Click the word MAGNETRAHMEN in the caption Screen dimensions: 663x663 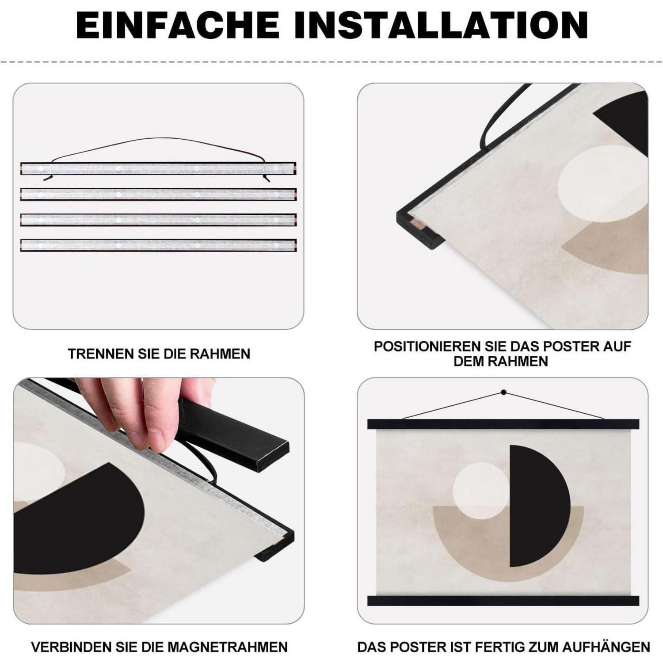(x=236, y=647)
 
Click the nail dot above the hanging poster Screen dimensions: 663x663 (x=503, y=392)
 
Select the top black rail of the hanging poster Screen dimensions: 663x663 (x=503, y=424)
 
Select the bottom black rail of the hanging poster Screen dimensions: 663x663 (x=503, y=600)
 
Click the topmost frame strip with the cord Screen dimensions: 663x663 (x=158, y=168)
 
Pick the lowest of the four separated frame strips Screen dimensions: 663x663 (x=158, y=245)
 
